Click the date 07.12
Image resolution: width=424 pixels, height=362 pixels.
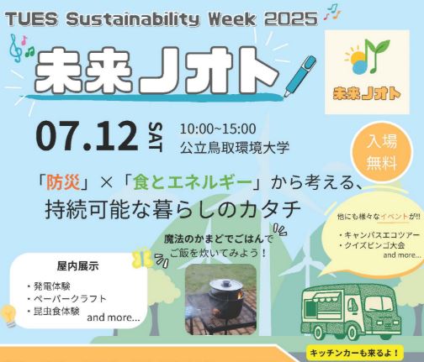(x=87, y=137)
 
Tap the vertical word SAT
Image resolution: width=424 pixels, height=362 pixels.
(x=155, y=137)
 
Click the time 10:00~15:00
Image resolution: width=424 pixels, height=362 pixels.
(x=218, y=129)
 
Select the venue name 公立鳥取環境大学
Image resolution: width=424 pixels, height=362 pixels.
(x=235, y=148)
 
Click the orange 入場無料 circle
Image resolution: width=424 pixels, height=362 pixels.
(x=382, y=153)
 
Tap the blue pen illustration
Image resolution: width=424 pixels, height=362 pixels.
(x=300, y=76)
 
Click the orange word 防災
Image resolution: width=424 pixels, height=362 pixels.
(x=63, y=183)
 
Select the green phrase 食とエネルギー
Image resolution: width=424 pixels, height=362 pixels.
(x=193, y=183)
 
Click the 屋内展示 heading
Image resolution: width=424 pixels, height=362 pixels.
(x=77, y=266)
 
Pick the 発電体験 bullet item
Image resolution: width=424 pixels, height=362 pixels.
(x=49, y=286)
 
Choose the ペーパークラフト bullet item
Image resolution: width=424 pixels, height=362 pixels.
(x=67, y=298)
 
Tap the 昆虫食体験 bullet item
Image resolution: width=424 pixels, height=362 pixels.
(x=54, y=311)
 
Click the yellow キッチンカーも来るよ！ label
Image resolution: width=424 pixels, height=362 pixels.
(x=355, y=353)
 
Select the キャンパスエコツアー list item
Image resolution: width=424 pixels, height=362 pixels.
(x=379, y=234)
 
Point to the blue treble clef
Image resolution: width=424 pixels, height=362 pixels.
(x=16, y=48)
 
